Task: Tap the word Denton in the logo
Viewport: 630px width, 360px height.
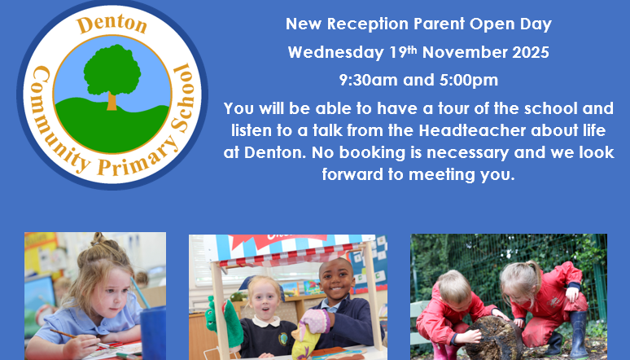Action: pyautogui.click(x=112, y=25)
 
